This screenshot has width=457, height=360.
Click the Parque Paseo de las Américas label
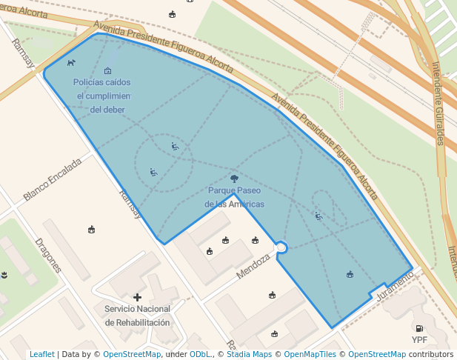coord(234,197)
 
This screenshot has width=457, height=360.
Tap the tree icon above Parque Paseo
coord(234,179)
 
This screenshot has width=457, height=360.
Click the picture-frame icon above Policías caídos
coord(108,71)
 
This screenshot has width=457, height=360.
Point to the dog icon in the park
coord(71,62)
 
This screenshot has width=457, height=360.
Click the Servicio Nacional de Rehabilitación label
coord(137,316)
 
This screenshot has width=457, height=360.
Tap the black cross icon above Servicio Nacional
coord(137,297)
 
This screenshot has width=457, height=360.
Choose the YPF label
coord(419,341)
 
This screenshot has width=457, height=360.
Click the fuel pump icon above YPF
coord(419,328)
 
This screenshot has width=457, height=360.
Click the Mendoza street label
coord(254,264)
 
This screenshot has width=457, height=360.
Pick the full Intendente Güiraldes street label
coord(438,104)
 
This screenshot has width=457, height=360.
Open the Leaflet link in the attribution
coord(41,355)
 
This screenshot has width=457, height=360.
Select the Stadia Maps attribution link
coord(247,355)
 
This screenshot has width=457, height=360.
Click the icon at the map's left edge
coord(4,275)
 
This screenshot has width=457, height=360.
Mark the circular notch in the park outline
coord(281,247)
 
